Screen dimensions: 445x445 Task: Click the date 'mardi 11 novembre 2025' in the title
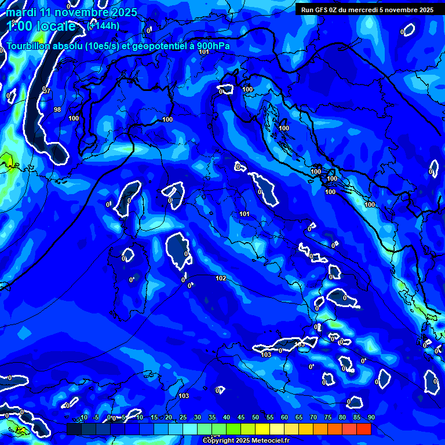click(x=72, y=12)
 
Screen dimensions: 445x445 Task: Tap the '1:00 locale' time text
click(x=42, y=26)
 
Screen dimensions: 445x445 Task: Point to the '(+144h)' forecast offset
click(x=104, y=25)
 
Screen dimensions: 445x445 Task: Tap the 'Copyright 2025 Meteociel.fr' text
click(x=246, y=440)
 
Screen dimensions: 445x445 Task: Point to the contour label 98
click(x=57, y=109)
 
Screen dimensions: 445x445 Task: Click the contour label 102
click(x=221, y=278)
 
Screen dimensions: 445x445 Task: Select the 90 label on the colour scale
click(x=371, y=418)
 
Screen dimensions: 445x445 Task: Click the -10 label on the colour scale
click(x=83, y=418)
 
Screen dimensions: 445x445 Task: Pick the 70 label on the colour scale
click(x=313, y=418)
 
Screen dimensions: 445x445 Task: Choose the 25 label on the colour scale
click(x=183, y=418)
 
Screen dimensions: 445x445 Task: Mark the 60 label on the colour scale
click(x=284, y=418)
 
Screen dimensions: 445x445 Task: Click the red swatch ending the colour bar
click(x=363, y=429)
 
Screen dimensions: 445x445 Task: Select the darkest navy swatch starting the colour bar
click(x=74, y=429)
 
